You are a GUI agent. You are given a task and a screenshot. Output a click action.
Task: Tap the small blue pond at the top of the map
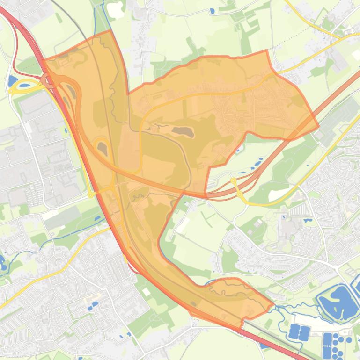click(x=212, y=10)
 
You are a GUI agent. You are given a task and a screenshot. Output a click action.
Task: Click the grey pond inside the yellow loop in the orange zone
click(x=102, y=149)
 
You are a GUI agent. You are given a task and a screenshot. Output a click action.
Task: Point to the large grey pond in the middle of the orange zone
click(x=183, y=131)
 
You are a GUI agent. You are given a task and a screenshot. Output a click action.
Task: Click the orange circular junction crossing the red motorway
click(x=49, y=80)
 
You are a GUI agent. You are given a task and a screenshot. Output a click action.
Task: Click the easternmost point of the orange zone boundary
click(x=318, y=126)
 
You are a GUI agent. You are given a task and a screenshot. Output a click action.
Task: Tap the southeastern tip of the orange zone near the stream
click(x=273, y=305)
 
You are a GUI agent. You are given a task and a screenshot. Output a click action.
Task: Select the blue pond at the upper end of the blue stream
click(x=98, y=218)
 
